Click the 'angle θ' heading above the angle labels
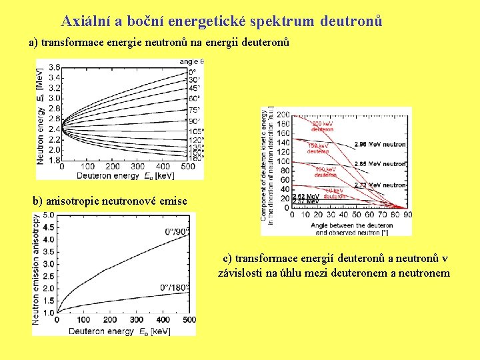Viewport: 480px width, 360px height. point(191,61)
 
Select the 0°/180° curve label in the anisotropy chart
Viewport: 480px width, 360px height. point(174,287)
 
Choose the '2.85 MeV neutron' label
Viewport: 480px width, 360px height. point(380,163)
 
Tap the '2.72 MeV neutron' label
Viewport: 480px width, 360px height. point(380,185)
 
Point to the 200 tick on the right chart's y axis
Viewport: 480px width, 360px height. point(283,115)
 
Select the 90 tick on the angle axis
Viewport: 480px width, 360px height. point(407,215)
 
